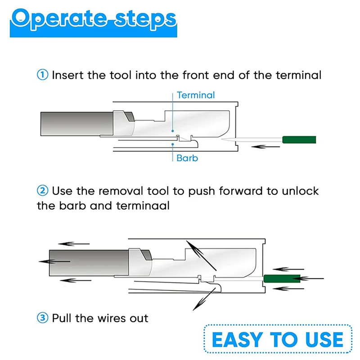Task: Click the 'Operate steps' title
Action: (94, 19)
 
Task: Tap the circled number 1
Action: (42, 75)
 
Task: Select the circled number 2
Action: (42, 191)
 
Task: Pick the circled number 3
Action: (42, 318)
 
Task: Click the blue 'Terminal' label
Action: (196, 95)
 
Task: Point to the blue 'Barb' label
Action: (187, 158)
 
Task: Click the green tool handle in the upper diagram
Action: (299, 139)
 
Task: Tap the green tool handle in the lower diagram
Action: (282, 279)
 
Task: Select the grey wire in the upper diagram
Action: (77, 124)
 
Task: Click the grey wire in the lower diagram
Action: (89, 263)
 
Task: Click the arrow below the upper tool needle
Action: (265, 147)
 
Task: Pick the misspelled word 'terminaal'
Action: (143, 206)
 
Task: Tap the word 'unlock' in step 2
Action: (300, 191)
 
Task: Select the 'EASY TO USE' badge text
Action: (278, 339)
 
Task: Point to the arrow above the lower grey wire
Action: (74, 243)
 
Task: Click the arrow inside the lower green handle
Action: (308, 279)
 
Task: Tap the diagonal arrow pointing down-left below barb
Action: (204, 299)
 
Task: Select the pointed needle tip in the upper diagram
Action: (221, 139)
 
